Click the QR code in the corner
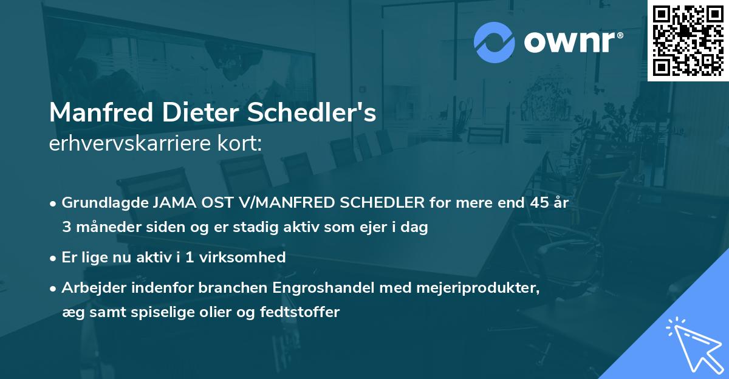point(688,40)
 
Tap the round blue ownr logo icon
point(494,43)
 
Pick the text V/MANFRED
point(268,203)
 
